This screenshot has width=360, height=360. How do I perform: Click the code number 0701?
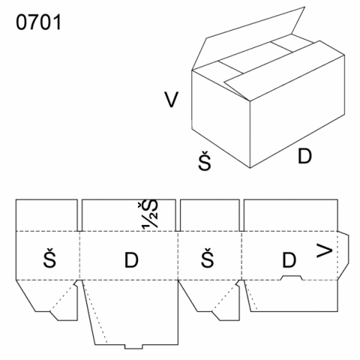coord(38,22)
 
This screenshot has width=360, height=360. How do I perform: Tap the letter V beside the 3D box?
coord(171,100)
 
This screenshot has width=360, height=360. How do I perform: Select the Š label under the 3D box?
coord(205,160)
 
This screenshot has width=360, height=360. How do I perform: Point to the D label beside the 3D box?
coord(304,156)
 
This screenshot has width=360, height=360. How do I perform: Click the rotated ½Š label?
coord(150,214)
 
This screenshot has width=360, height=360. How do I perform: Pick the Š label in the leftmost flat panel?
coord(49,258)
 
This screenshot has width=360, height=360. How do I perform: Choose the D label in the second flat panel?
coord(131,260)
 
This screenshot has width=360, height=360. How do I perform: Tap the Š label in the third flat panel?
coord(208,258)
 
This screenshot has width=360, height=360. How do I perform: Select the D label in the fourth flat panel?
coord(289,260)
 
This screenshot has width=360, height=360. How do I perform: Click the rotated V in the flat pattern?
coord(325,250)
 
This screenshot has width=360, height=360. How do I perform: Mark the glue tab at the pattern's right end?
coord(343,255)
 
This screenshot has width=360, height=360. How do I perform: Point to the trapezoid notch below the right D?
coord(292,277)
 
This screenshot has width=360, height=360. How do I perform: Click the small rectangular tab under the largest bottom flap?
coord(133,346)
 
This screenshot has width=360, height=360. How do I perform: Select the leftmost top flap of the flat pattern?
coord(46,215)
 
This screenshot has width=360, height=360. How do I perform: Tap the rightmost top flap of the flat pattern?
coord(291,215)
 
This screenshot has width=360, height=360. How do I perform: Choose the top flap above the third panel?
coord(210,215)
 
